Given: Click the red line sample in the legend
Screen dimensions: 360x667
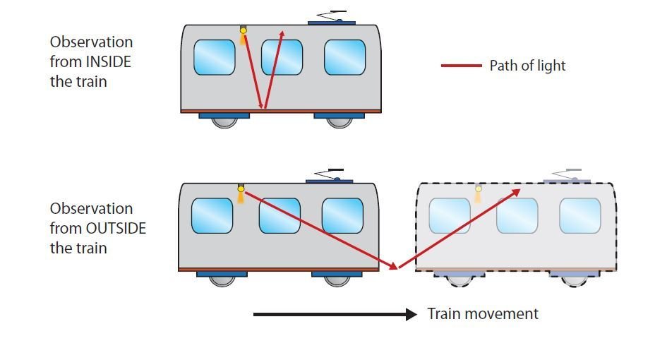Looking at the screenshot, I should tap(462, 66).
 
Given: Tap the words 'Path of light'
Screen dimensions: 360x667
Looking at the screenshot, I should tap(527, 66).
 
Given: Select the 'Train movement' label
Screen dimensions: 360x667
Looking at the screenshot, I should tap(483, 313).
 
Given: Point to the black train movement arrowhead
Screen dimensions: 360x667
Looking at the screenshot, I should tap(411, 314).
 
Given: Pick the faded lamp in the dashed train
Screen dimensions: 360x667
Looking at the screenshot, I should tap(478, 189).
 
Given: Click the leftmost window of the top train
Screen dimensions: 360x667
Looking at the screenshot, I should tap(215, 57).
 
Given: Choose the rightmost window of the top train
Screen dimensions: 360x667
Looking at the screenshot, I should tap(344, 57).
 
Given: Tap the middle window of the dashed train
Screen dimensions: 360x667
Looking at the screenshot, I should tap(517, 215).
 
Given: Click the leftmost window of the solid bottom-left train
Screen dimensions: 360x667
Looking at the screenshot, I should tap(212, 215).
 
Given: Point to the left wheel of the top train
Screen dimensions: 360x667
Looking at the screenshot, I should tap(224, 121).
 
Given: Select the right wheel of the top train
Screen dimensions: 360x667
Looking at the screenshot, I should tap(339, 121).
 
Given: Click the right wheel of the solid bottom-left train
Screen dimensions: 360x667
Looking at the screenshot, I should tap(337, 279).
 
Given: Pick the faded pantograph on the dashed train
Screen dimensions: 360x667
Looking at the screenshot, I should tap(567, 175).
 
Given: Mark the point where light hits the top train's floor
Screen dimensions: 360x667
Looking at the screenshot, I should tap(264, 109).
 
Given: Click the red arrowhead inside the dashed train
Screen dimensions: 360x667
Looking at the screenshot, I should tap(519, 191).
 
